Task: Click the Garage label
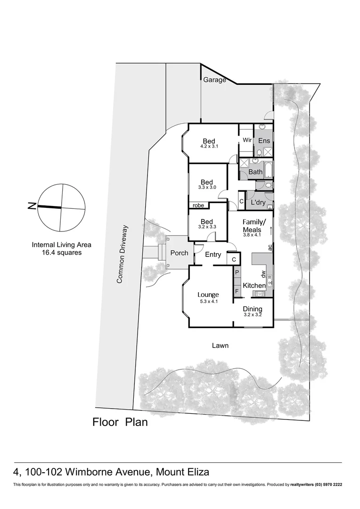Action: pyautogui.click(x=214, y=80)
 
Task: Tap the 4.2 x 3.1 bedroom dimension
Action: pyautogui.click(x=209, y=147)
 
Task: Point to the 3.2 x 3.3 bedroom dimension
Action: pyautogui.click(x=206, y=227)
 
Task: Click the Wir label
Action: pyautogui.click(x=247, y=140)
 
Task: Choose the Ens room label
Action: pyautogui.click(x=264, y=140)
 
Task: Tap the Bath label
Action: pyautogui.click(x=255, y=172)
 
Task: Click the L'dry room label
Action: pyautogui.click(x=259, y=202)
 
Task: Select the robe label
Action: pyautogui.click(x=198, y=205)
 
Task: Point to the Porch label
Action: pyautogui.click(x=179, y=253)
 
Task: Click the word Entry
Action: pyautogui.click(x=213, y=254)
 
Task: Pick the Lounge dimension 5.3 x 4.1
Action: pyautogui.click(x=208, y=302)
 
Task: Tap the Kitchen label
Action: pyautogui.click(x=254, y=286)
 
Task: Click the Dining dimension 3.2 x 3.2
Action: pyautogui.click(x=253, y=315)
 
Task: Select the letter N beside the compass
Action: pyautogui.click(x=32, y=205)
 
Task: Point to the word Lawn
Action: pyautogui.click(x=220, y=345)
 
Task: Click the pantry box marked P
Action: pyautogui.click(x=237, y=273)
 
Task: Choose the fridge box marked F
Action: pyautogui.click(x=237, y=285)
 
